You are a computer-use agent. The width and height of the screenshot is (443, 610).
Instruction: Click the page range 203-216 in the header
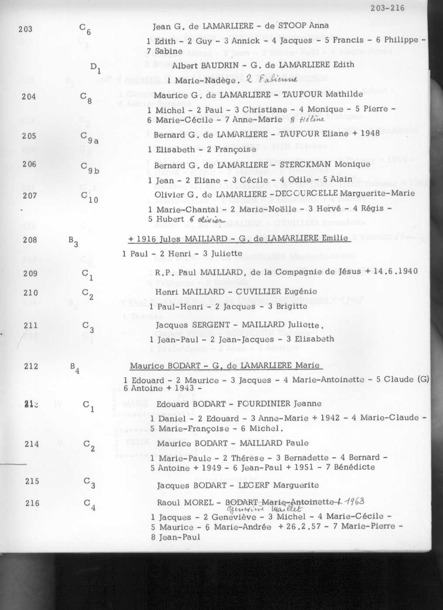387,8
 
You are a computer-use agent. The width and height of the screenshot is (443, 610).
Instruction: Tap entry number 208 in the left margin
30,240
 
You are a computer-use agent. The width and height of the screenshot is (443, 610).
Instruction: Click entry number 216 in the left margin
32,503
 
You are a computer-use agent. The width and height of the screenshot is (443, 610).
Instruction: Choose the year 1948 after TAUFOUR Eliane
370,133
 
